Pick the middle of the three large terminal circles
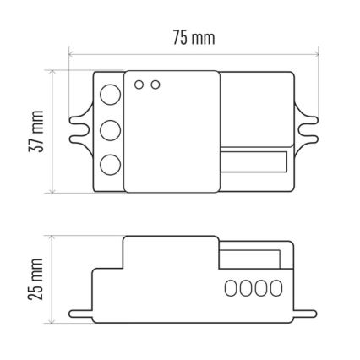[109, 131]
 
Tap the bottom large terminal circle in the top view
[109, 165]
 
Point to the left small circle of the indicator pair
[140, 85]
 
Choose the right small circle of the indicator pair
[154, 85]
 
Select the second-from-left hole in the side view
[245, 287]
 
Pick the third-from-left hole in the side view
[259, 287]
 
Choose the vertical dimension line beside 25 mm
[53, 278]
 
